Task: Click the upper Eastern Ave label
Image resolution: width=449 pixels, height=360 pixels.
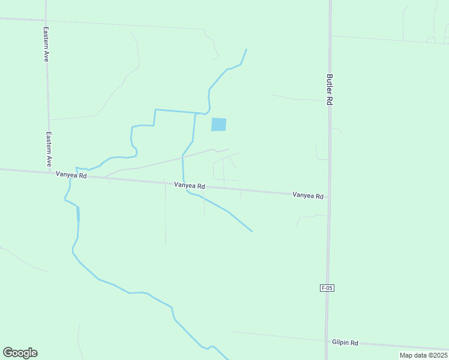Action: coord(46,44)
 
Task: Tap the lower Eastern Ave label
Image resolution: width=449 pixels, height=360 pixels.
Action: coord(49,149)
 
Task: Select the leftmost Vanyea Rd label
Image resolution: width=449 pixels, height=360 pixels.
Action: coord(71,175)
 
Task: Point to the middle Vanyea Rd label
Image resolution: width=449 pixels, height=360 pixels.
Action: coord(190,186)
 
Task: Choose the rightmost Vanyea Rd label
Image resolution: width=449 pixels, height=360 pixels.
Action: coord(308,196)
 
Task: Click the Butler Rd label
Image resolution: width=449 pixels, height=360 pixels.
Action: coord(330,89)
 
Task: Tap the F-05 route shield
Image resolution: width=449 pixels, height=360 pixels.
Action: coord(327,288)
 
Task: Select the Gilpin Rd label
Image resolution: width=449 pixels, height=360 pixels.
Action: coord(345,343)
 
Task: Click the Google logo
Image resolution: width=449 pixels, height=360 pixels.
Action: coord(20,353)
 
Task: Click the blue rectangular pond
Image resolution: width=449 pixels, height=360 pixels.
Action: coord(218,124)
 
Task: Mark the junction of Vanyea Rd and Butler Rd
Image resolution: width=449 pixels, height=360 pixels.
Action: coord(328,197)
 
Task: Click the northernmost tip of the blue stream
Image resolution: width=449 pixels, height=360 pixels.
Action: coord(246,49)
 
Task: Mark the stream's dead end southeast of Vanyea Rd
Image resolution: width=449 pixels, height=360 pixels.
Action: coord(252,231)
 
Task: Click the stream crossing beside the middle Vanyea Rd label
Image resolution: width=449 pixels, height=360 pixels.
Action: coord(183,184)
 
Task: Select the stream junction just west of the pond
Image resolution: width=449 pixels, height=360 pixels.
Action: coord(196,113)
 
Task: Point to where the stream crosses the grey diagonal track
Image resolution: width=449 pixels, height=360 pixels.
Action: coord(182,157)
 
